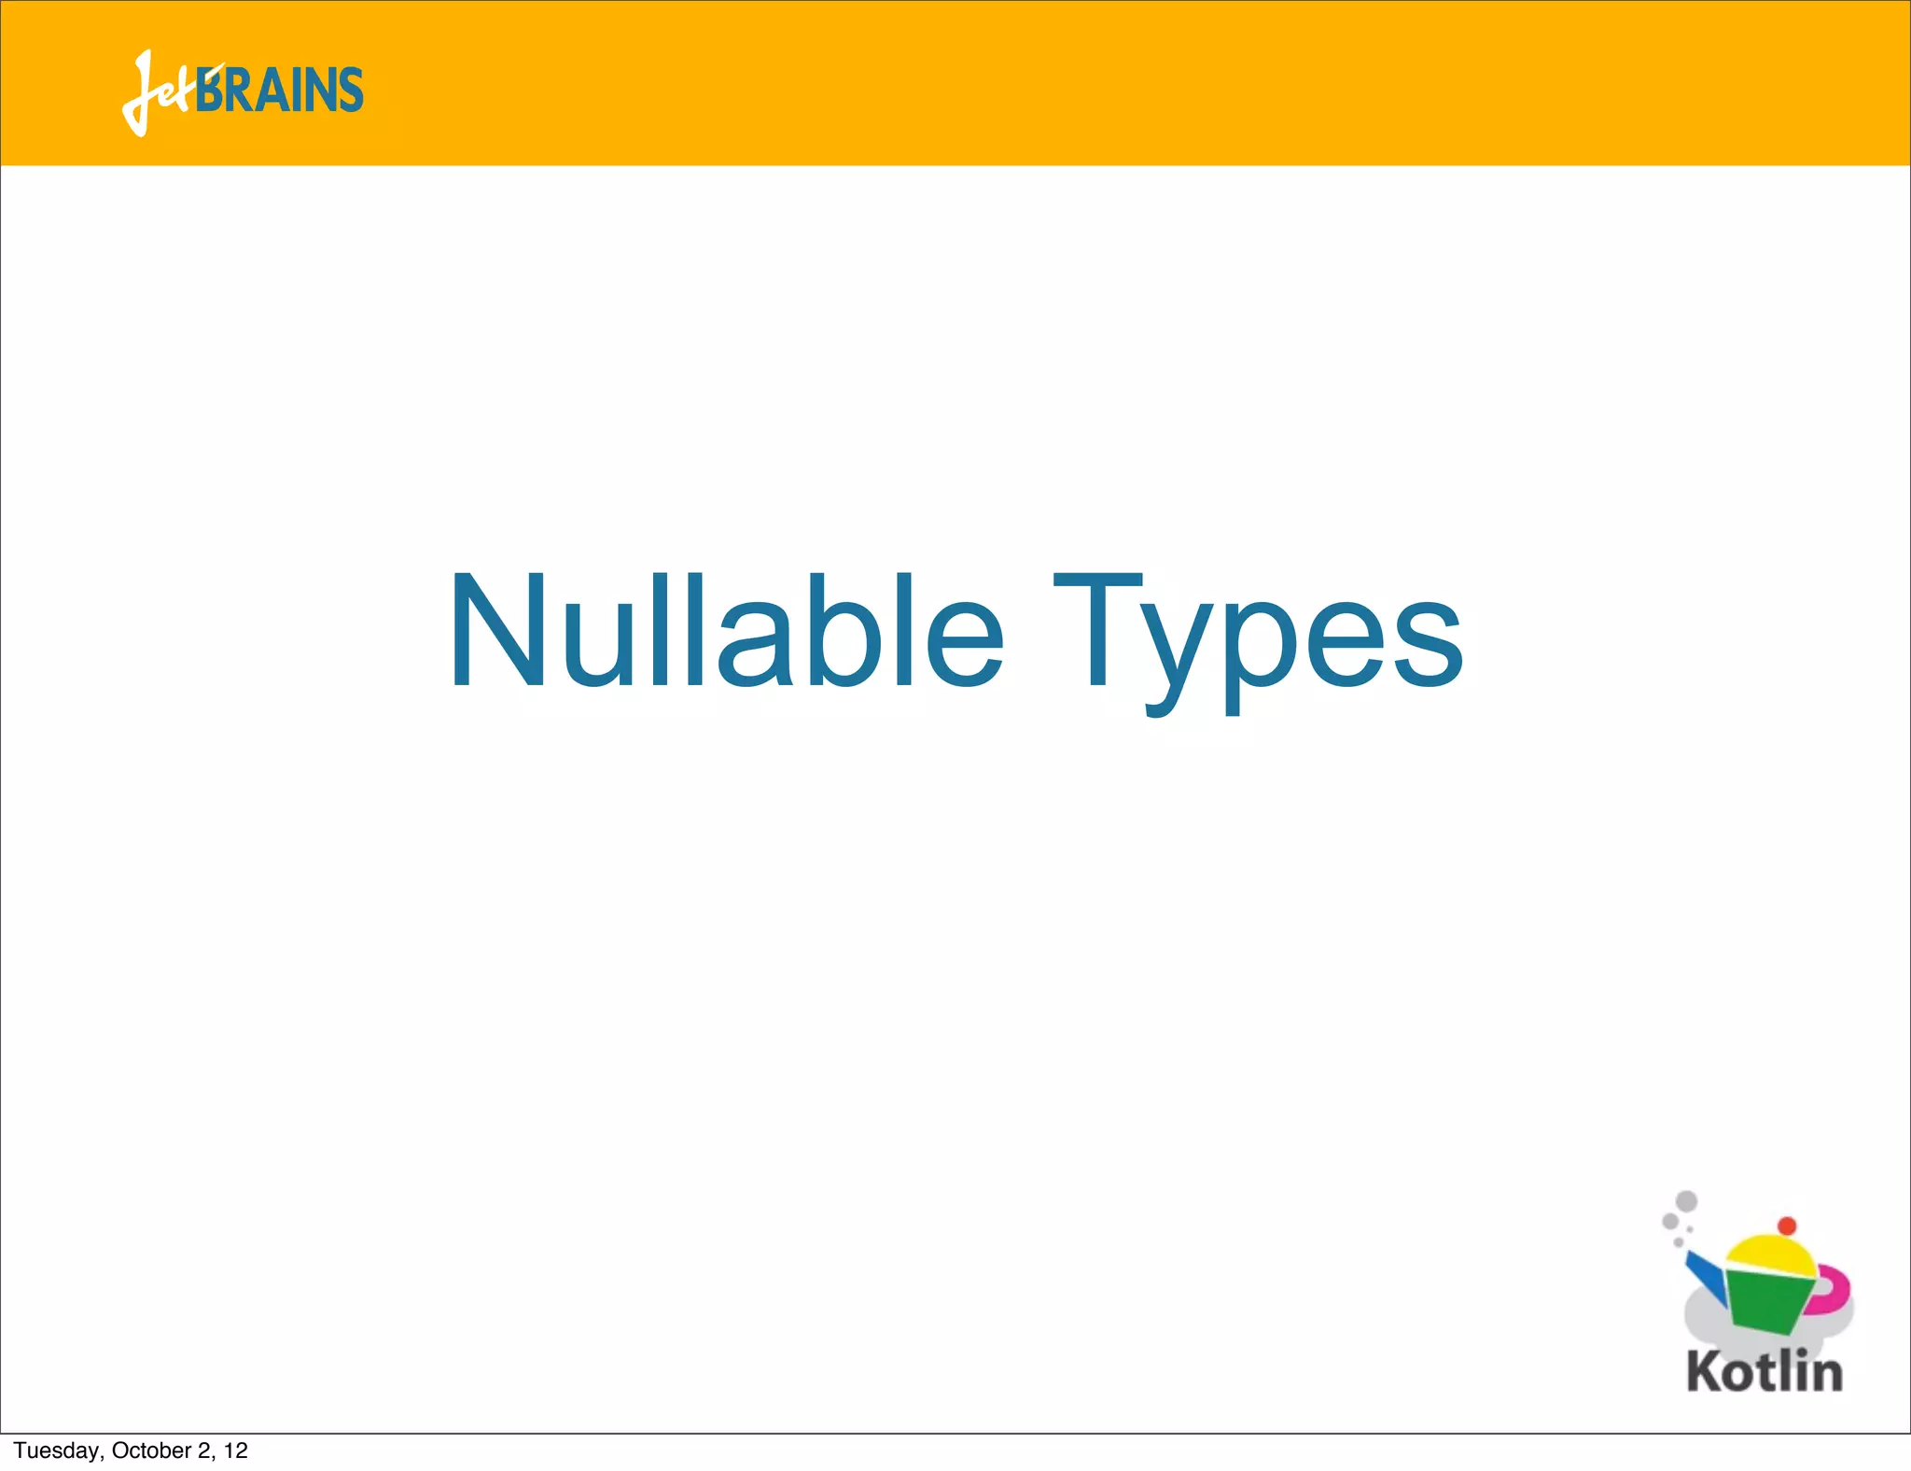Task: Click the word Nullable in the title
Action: tap(726, 632)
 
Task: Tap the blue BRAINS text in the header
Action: tap(280, 91)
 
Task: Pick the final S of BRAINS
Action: tap(350, 91)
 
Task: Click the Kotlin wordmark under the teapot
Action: tap(1765, 1372)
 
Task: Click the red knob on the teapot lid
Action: tap(1787, 1226)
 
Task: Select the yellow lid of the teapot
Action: tap(1769, 1254)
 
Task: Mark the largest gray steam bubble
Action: tap(1686, 1201)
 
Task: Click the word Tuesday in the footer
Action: tap(57, 1450)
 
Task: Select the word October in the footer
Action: tap(151, 1450)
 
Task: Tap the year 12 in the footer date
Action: tap(236, 1450)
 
